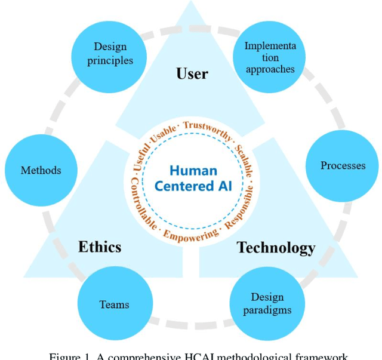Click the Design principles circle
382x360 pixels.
110,54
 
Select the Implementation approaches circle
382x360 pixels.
269,57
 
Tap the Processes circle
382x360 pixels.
342,165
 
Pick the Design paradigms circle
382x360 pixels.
267,304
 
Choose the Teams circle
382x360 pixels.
114,304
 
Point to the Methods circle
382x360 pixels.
41,170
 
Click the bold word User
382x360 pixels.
192,74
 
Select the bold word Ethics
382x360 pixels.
100,247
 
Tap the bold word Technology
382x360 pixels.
276,247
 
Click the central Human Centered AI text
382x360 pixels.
192,178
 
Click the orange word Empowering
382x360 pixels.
190,235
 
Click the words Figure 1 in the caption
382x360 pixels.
70,356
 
